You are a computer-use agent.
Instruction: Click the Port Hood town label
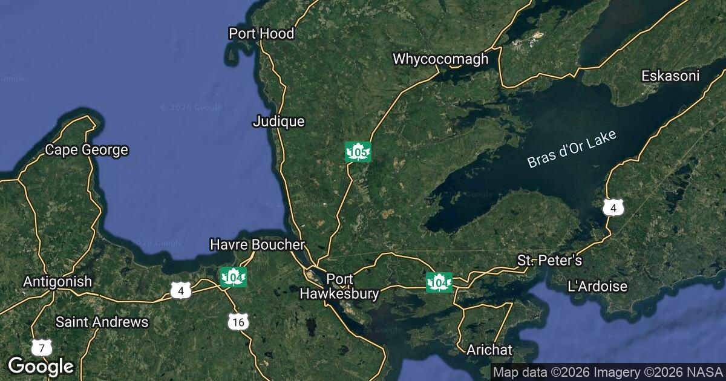coord(261,33)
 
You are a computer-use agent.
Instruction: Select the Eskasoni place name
coord(670,76)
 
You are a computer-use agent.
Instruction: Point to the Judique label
coord(278,122)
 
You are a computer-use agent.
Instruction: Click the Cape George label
coord(87,150)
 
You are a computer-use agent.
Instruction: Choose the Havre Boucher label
coord(257,244)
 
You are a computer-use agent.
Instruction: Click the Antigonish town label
coord(57,281)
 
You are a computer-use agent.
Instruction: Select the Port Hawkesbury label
coord(339,287)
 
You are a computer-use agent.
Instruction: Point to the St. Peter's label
coord(549,261)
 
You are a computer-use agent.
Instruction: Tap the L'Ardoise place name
coord(598,286)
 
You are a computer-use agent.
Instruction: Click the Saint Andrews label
coord(102,322)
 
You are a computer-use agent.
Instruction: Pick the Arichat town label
coord(489,350)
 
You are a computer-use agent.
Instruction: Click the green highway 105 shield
coord(358,152)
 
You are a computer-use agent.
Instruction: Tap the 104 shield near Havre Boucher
coord(233,278)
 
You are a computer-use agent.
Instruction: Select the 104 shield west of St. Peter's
coord(439,282)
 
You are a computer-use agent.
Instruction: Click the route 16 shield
coord(238,322)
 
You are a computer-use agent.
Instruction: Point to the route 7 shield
coord(41,348)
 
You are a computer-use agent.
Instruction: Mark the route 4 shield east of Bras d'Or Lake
coord(613,208)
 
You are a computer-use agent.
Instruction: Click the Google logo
coord(41,366)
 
